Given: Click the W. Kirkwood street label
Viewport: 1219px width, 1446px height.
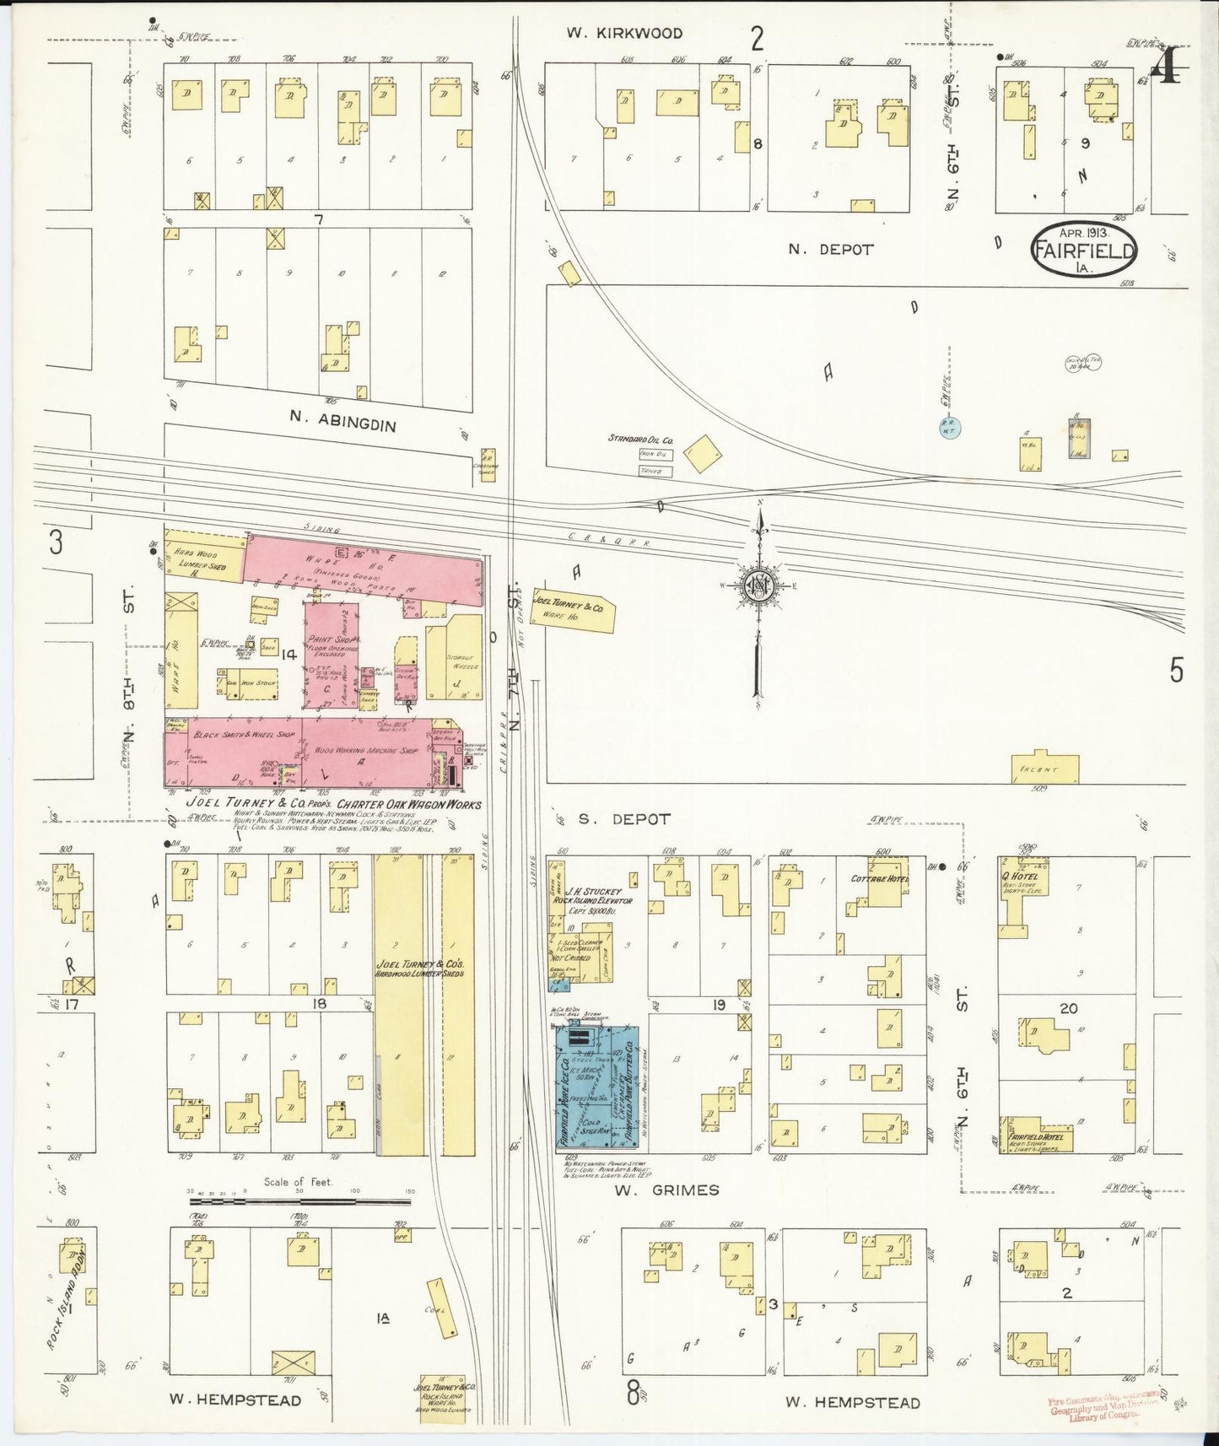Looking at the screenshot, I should point(624,33).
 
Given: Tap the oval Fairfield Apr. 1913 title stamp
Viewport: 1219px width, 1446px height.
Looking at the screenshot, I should point(1083,251).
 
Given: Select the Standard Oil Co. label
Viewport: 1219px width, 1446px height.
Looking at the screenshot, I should point(641,440).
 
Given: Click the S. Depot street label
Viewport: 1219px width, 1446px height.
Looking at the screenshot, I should point(624,819).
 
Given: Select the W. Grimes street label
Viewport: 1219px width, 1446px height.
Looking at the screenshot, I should point(666,1190).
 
